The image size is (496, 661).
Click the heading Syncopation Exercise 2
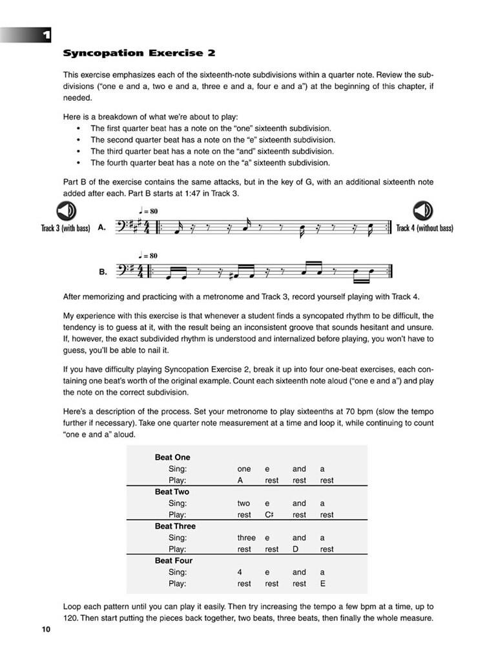tap(139, 52)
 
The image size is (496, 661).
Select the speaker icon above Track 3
tap(66, 211)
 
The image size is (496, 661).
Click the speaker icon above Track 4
tap(423, 211)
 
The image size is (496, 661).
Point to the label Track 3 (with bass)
tap(65, 228)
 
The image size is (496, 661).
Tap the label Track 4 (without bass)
tap(424, 228)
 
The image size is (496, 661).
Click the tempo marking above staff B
tap(148, 256)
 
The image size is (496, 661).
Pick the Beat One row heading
tap(172, 458)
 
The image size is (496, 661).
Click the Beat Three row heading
tap(175, 526)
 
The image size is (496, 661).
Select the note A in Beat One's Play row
tap(240, 480)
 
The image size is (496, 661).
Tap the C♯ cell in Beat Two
tap(271, 514)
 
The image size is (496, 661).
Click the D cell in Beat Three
tap(295, 549)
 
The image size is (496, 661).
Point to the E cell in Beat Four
tap(322, 584)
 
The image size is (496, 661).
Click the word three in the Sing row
tap(246, 538)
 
